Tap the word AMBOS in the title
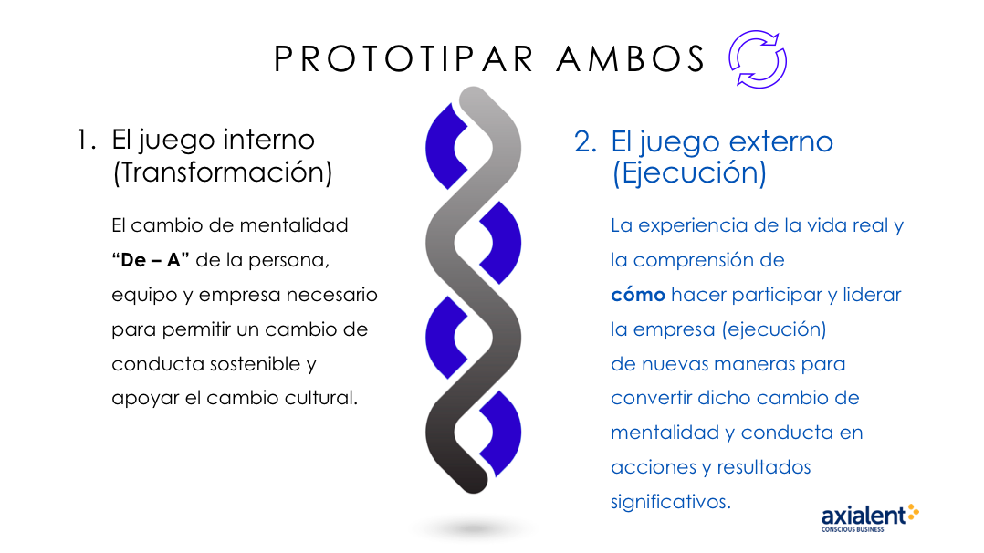631,59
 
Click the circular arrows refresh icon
758,59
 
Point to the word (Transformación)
223,172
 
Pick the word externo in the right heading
781,141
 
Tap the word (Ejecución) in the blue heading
689,173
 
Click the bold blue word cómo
637,295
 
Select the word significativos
671,502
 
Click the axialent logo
870,517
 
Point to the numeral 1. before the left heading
86,140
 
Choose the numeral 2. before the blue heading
585,142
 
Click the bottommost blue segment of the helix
500,433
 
